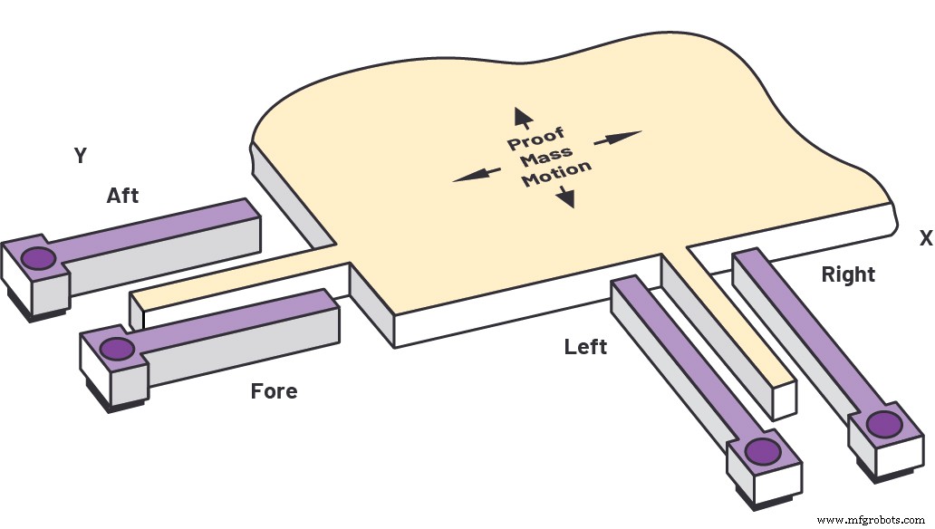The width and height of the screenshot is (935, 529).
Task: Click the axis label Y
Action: [x=81, y=156]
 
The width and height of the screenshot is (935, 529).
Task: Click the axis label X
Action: [x=925, y=238]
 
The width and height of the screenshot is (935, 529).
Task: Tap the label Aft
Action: [x=123, y=196]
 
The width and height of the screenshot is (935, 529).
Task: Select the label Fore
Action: [x=274, y=391]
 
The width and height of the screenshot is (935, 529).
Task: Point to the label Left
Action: [x=585, y=347]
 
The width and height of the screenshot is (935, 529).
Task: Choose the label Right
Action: [x=848, y=274]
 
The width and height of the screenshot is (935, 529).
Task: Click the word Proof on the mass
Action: [x=535, y=139]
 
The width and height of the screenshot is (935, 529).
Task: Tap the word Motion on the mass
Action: [x=557, y=174]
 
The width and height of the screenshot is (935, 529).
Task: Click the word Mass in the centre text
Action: [x=546, y=157]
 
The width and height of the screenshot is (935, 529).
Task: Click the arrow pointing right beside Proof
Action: [x=617, y=138]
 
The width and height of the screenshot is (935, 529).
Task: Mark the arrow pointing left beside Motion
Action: [x=477, y=174]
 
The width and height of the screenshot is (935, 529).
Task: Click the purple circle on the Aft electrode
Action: [x=38, y=258]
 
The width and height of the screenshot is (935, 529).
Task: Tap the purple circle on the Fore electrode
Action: [x=116, y=349]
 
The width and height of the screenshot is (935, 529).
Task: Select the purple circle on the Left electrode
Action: [x=763, y=451]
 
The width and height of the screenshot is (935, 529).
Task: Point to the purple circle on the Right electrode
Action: [x=884, y=425]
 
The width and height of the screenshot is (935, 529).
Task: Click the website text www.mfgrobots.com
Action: [x=870, y=520]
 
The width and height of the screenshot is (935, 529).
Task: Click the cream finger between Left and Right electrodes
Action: [x=739, y=313]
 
